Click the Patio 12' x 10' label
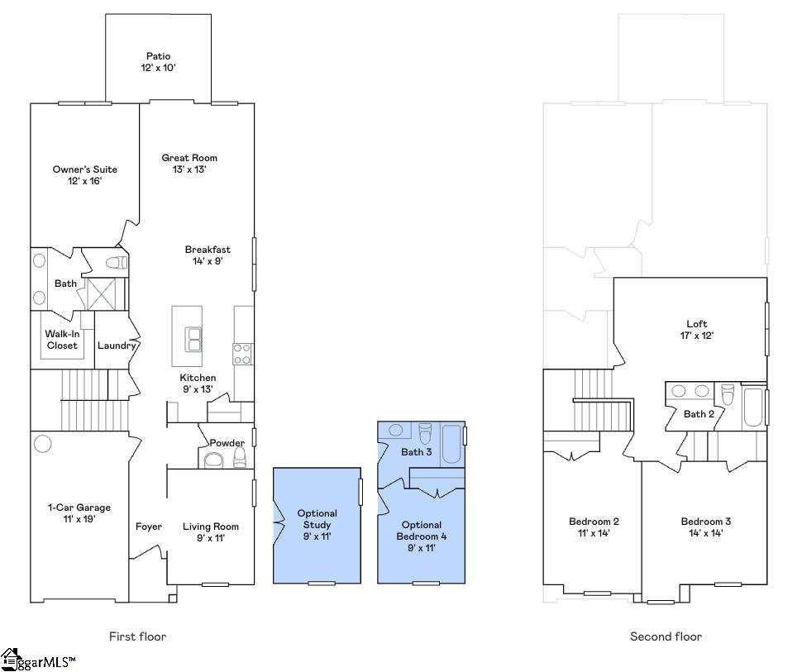click(x=158, y=62)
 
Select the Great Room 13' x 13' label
click(x=189, y=163)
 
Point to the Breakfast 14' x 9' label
click(x=208, y=255)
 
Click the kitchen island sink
click(x=193, y=339)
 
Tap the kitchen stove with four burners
click(x=243, y=354)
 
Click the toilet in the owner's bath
click(x=117, y=263)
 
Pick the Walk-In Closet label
click(x=62, y=340)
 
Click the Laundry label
click(x=116, y=346)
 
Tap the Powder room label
click(x=227, y=442)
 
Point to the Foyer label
click(x=149, y=527)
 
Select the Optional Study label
click(x=317, y=525)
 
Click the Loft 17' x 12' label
click(x=697, y=330)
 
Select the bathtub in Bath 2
click(x=754, y=407)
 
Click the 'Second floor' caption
click(x=666, y=636)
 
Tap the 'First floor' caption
click(x=137, y=636)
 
